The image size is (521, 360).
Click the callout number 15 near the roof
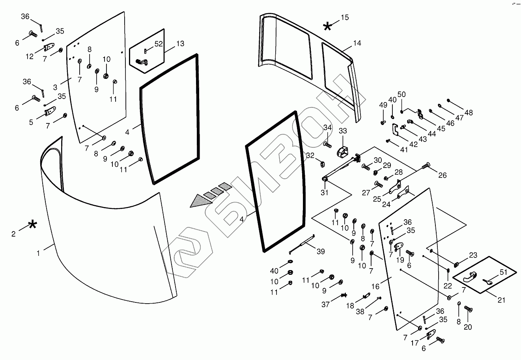345,17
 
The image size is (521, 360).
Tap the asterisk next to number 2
32,225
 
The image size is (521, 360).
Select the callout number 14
357,43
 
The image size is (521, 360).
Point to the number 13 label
180,44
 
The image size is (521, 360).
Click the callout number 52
158,44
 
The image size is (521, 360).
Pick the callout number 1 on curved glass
38,254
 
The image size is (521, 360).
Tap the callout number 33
343,131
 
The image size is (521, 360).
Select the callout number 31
324,193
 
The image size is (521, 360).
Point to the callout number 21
501,300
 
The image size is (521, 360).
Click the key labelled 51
487,282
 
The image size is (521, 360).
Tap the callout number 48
469,113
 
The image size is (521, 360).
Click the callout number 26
443,175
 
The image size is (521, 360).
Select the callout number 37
325,304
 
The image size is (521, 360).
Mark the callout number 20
468,327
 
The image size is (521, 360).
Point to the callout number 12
30,57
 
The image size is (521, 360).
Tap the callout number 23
473,255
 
